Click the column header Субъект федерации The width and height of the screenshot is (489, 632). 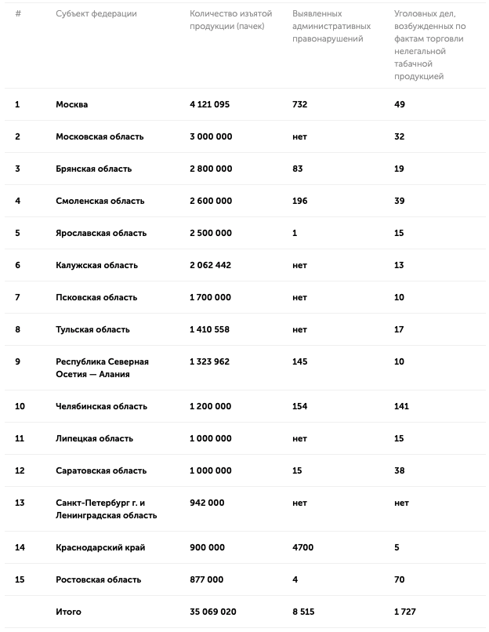[96, 14]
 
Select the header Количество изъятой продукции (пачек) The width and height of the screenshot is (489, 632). [226, 20]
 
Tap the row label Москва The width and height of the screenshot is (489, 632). [72, 104]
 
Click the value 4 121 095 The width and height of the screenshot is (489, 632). [210, 104]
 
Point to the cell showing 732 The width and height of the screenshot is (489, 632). [299, 104]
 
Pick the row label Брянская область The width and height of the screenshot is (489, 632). [94, 169]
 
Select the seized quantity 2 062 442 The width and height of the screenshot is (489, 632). [211, 265]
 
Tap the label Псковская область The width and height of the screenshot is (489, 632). [96, 297]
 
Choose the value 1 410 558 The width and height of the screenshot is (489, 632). [210, 329]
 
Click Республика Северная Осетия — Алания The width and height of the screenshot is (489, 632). [102, 368]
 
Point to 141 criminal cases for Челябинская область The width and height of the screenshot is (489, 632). [402, 406]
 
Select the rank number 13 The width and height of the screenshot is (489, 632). [20, 503]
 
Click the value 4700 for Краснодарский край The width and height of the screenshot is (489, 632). [302, 547]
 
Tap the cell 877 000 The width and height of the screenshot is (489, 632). [207, 579]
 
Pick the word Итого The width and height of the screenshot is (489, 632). [68, 612]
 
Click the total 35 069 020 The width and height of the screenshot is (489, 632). [213, 612]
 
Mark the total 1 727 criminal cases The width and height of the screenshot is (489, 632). [405, 612]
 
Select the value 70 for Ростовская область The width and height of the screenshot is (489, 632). [400, 579]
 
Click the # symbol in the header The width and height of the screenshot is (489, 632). [18, 14]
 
